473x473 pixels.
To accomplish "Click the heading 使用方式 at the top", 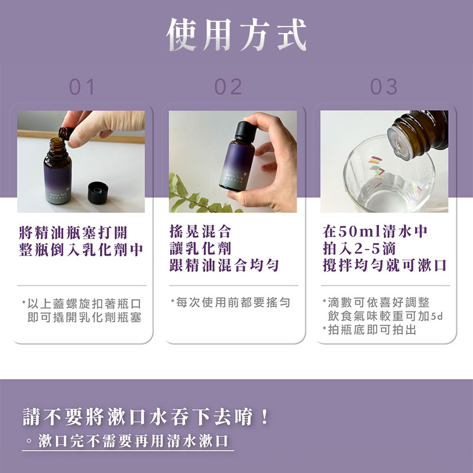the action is click(x=237, y=34).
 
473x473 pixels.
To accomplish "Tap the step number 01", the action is click(x=82, y=87).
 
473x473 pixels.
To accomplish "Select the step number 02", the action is click(x=228, y=87).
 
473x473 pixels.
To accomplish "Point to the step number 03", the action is click(x=384, y=87).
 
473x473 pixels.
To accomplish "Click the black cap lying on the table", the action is click(x=98, y=193).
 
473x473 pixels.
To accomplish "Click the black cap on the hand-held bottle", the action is click(x=245, y=131).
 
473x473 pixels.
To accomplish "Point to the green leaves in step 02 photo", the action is click(x=199, y=196).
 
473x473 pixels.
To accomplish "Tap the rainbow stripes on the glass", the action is click(x=375, y=169).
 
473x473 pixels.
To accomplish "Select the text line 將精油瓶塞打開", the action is click(x=73, y=232).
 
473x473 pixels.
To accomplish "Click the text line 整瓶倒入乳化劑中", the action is click(x=81, y=250).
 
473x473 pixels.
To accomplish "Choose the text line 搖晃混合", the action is click(x=200, y=231).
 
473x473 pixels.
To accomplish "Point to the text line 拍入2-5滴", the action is click(x=359, y=248).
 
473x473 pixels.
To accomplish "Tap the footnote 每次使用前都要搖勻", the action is click(x=231, y=302).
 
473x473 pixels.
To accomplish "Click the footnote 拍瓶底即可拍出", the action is click(x=370, y=330).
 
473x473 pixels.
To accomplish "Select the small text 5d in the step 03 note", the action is click(x=437, y=317).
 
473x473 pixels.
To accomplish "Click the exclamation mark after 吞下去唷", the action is click(x=265, y=417).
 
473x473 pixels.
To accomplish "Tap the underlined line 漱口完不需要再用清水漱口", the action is click(x=133, y=440).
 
